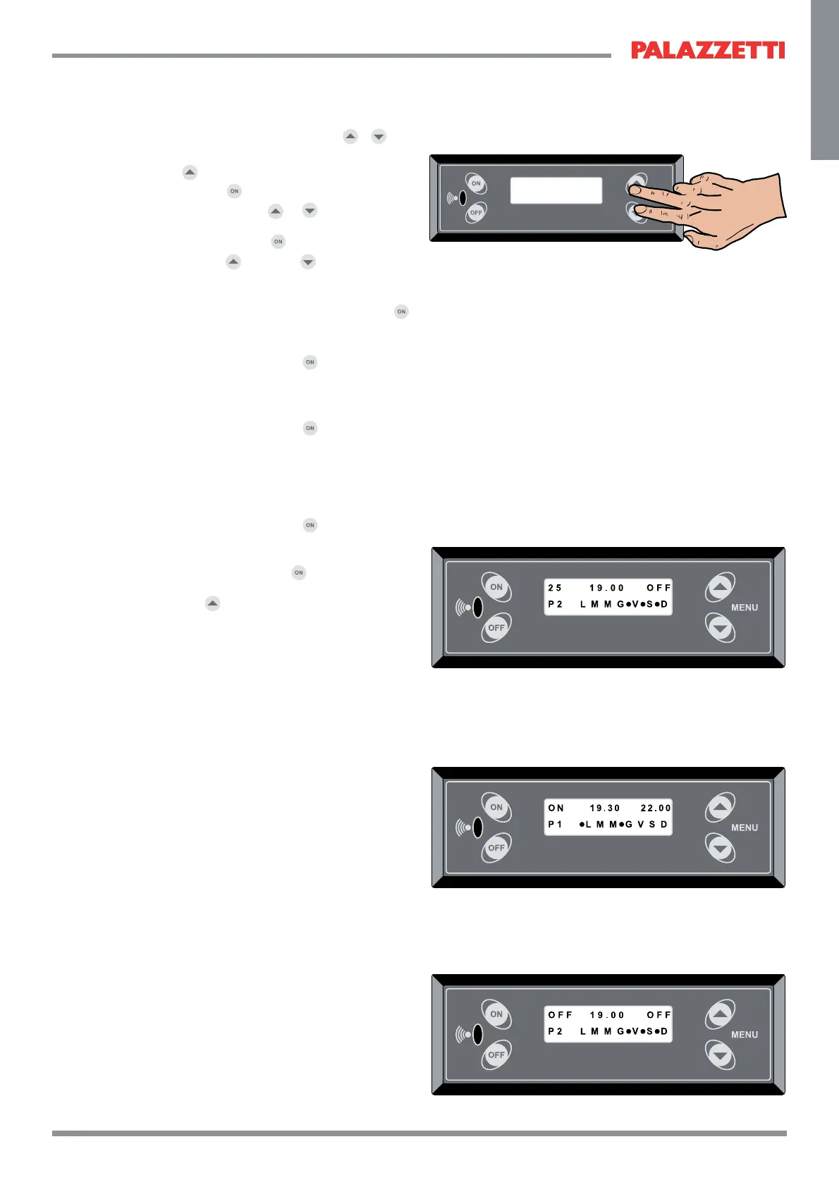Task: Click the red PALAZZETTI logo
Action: (x=708, y=50)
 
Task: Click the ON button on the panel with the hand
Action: (x=476, y=183)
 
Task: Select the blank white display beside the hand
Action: (x=556, y=190)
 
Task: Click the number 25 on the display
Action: (x=555, y=588)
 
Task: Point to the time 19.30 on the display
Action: (x=605, y=808)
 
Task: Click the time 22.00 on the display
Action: (x=656, y=808)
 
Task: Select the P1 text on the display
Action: (x=555, y=825)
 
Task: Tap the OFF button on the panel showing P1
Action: (x=496, y=848)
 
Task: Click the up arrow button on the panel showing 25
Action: (x=720, y=586)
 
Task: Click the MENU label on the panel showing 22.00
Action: (x=745, y=828)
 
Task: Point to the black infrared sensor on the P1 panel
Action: (x=477, y=827)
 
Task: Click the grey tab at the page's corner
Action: (x=824, y=80)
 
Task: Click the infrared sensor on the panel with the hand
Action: (x=463, y=198)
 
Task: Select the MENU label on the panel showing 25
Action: (x=745, y=608)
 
